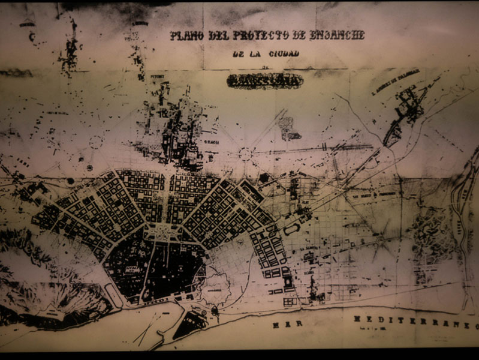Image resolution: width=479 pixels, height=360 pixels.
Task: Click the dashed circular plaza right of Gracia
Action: [245, 154]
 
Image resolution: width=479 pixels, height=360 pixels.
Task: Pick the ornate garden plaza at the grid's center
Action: [161, 231]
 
